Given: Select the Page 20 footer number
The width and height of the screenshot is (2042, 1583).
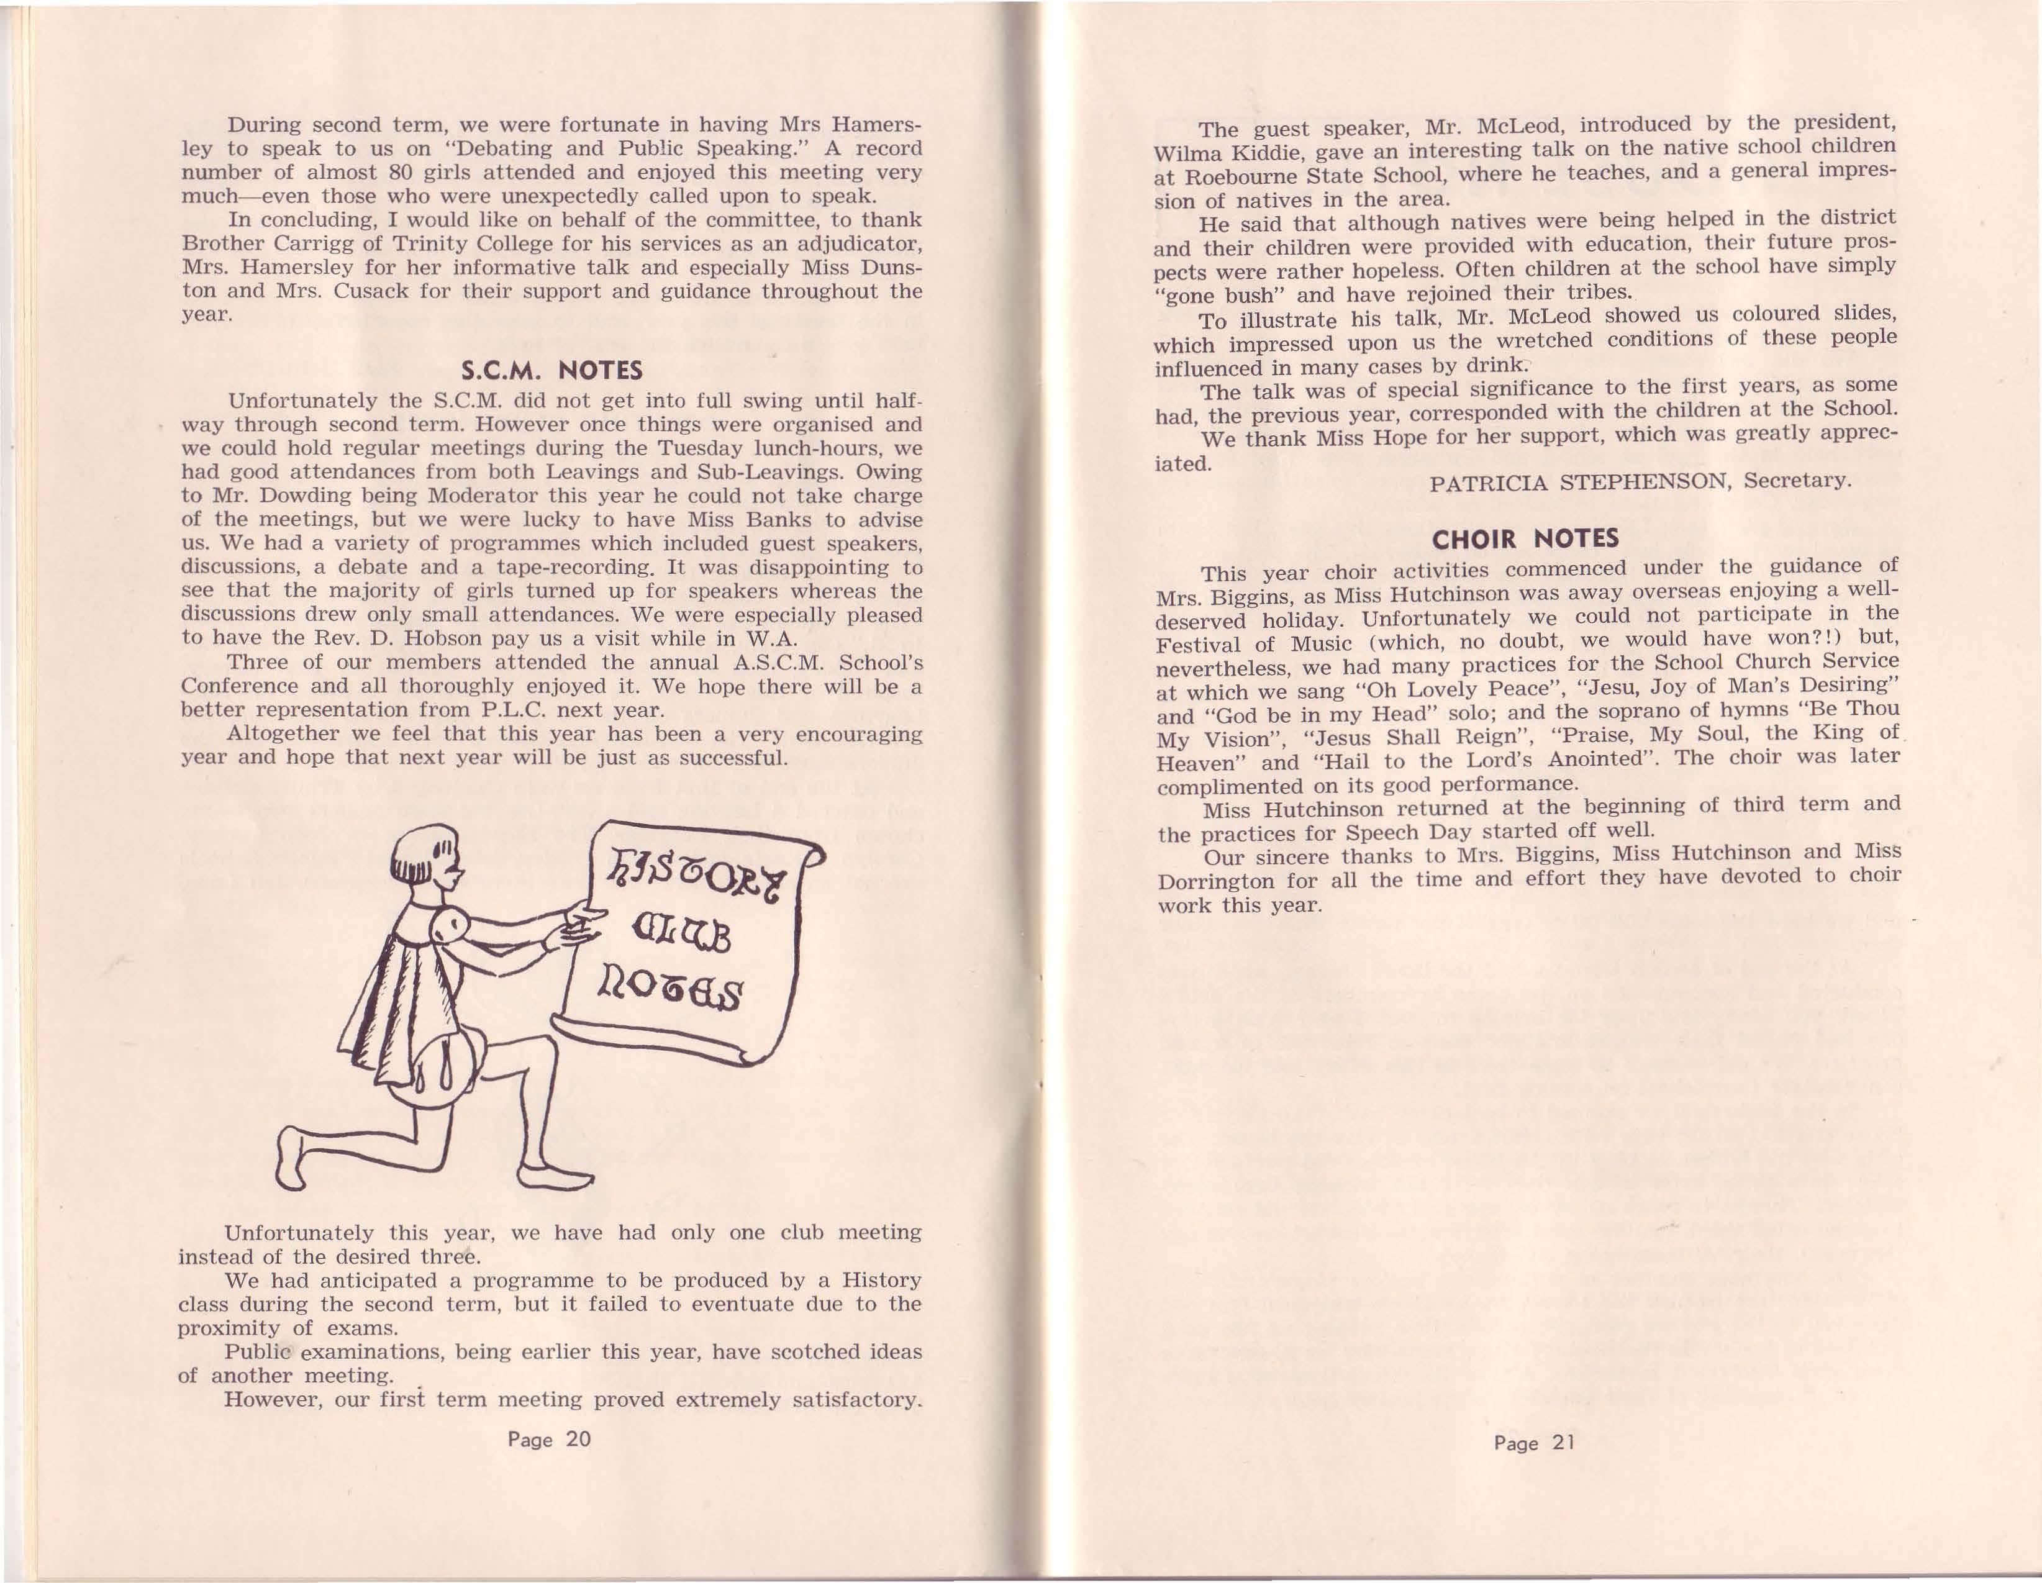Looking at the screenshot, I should click(550, 1439).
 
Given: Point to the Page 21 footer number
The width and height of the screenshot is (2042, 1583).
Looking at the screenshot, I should click(1535, 1443).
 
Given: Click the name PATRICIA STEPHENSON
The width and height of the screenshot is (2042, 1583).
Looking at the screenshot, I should click(1581, 483).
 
